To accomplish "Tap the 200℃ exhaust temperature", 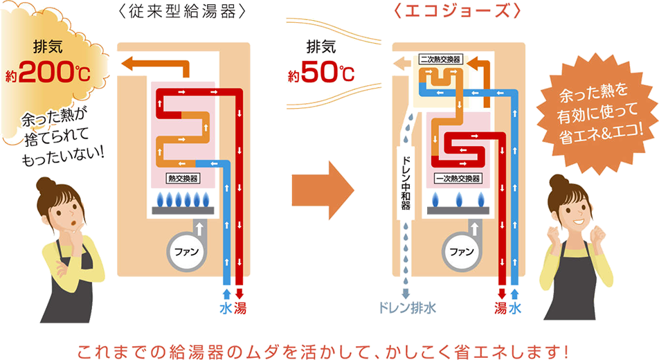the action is pos(54,71).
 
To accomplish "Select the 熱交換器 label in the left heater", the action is pos(183,179).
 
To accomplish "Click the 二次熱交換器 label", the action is pos(440,60).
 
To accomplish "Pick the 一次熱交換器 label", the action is pos(458,179).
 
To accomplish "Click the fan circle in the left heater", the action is pos(186,252).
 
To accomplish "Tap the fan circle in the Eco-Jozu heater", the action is pos(462,252).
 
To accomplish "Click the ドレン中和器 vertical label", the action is pos(406,183).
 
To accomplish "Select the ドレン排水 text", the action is pos(406,308).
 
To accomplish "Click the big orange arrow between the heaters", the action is pos(323,190).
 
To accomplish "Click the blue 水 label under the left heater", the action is pos(226,309).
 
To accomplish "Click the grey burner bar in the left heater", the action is pos(183,210).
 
